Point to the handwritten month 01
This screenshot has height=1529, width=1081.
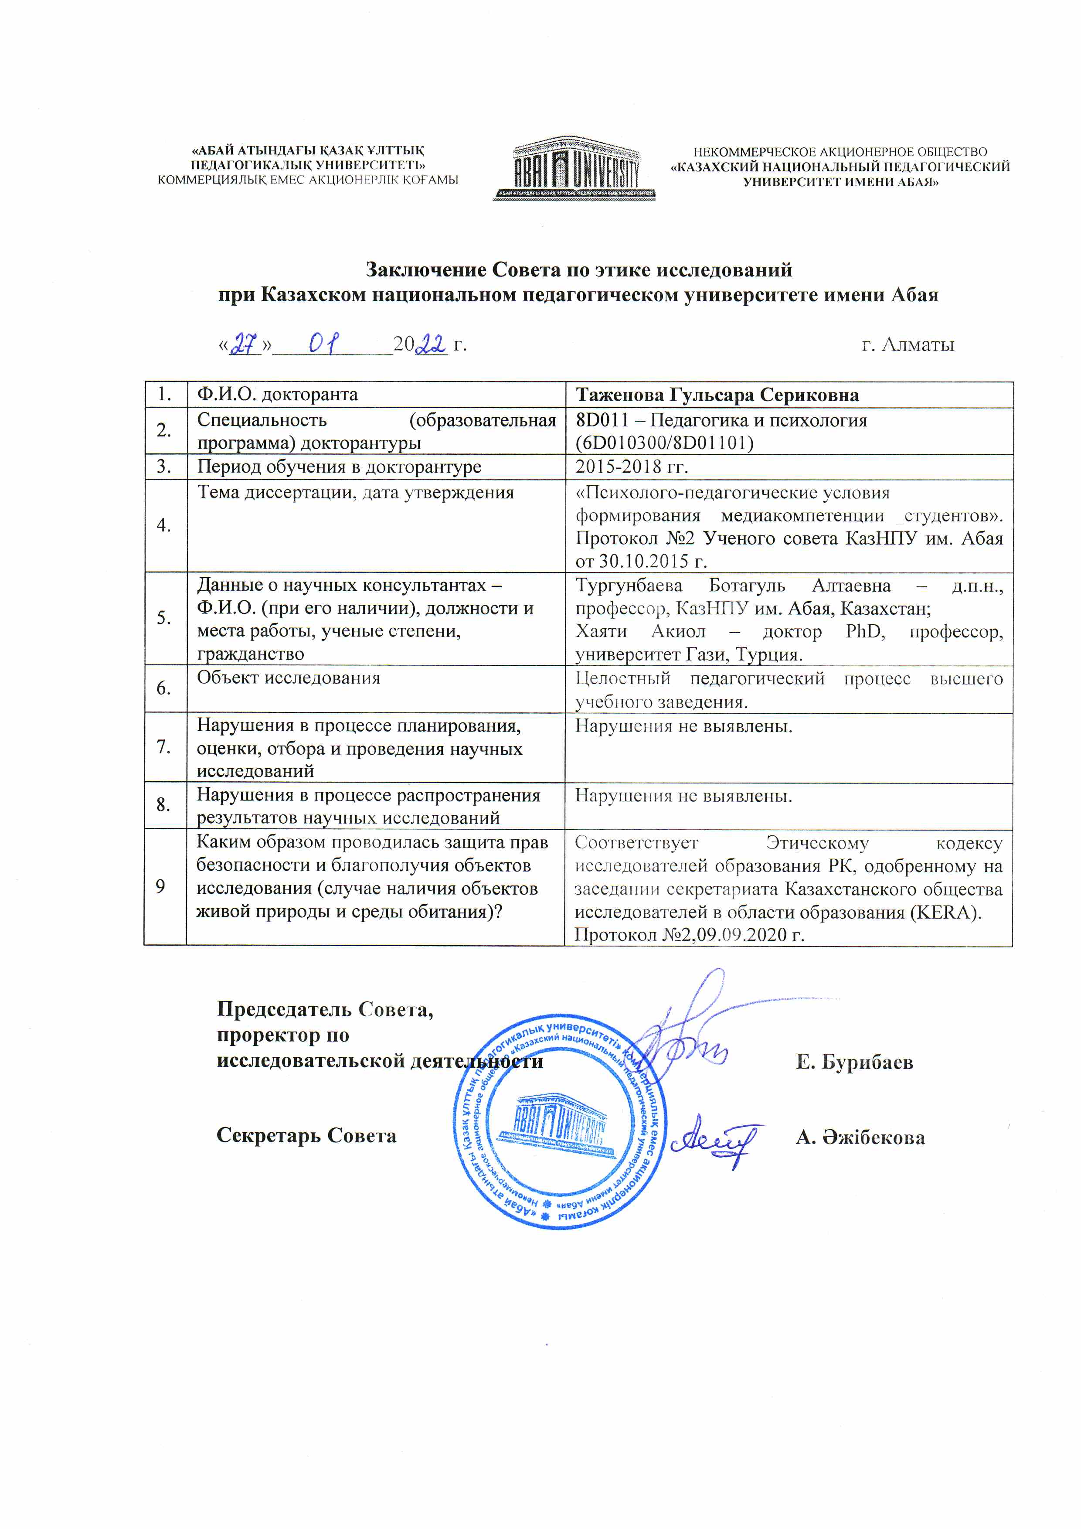(x=325, y=344)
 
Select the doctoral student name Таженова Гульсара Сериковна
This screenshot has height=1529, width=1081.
(x=717, y=395)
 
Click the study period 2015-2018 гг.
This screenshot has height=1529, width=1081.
(x=632, y=467)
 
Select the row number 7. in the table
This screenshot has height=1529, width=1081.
(x=164, y=747)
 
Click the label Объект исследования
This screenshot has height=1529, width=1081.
(x=288, y=678)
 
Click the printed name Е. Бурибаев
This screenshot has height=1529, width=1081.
(x=854, y=1062)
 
